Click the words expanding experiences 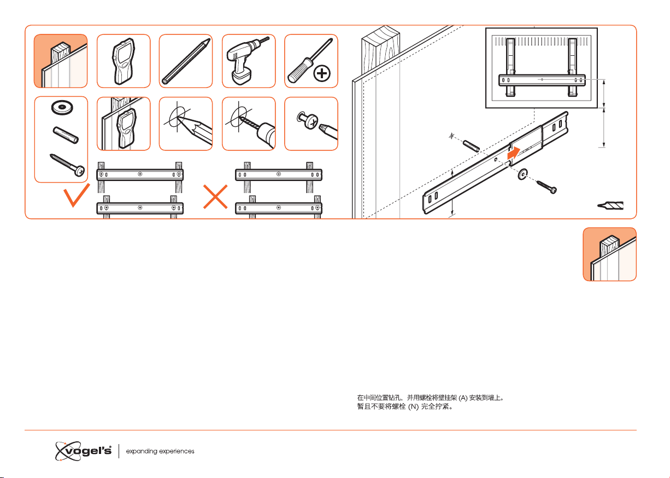(160, 452)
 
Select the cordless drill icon (248, 61)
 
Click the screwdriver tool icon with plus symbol (310, 61)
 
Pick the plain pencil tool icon (185, 61)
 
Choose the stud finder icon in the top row (123, 61)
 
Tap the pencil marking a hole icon (185, 124)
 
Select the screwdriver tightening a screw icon (310, 124)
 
